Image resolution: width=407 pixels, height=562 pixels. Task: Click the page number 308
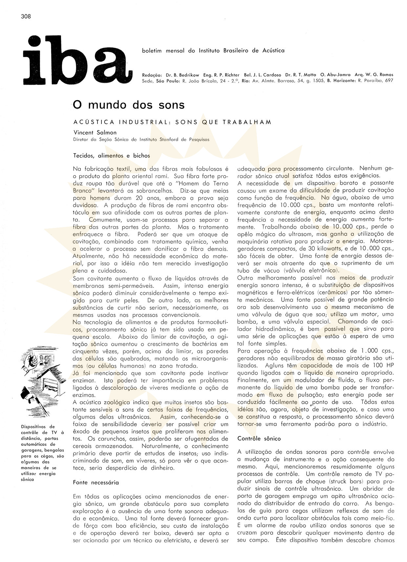(x=25, y=16)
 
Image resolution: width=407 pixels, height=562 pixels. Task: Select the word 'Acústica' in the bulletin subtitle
(x=273, y=51)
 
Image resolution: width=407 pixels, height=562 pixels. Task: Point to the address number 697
(x=389, y=81)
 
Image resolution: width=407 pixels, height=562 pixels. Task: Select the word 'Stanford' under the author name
(x=170, y=139)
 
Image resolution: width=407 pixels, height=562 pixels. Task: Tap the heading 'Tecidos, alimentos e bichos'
(x=112, y=156)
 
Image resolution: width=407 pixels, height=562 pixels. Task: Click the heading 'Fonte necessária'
(x=96, y=482)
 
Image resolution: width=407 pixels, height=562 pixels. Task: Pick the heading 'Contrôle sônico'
(x=259, y=438)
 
